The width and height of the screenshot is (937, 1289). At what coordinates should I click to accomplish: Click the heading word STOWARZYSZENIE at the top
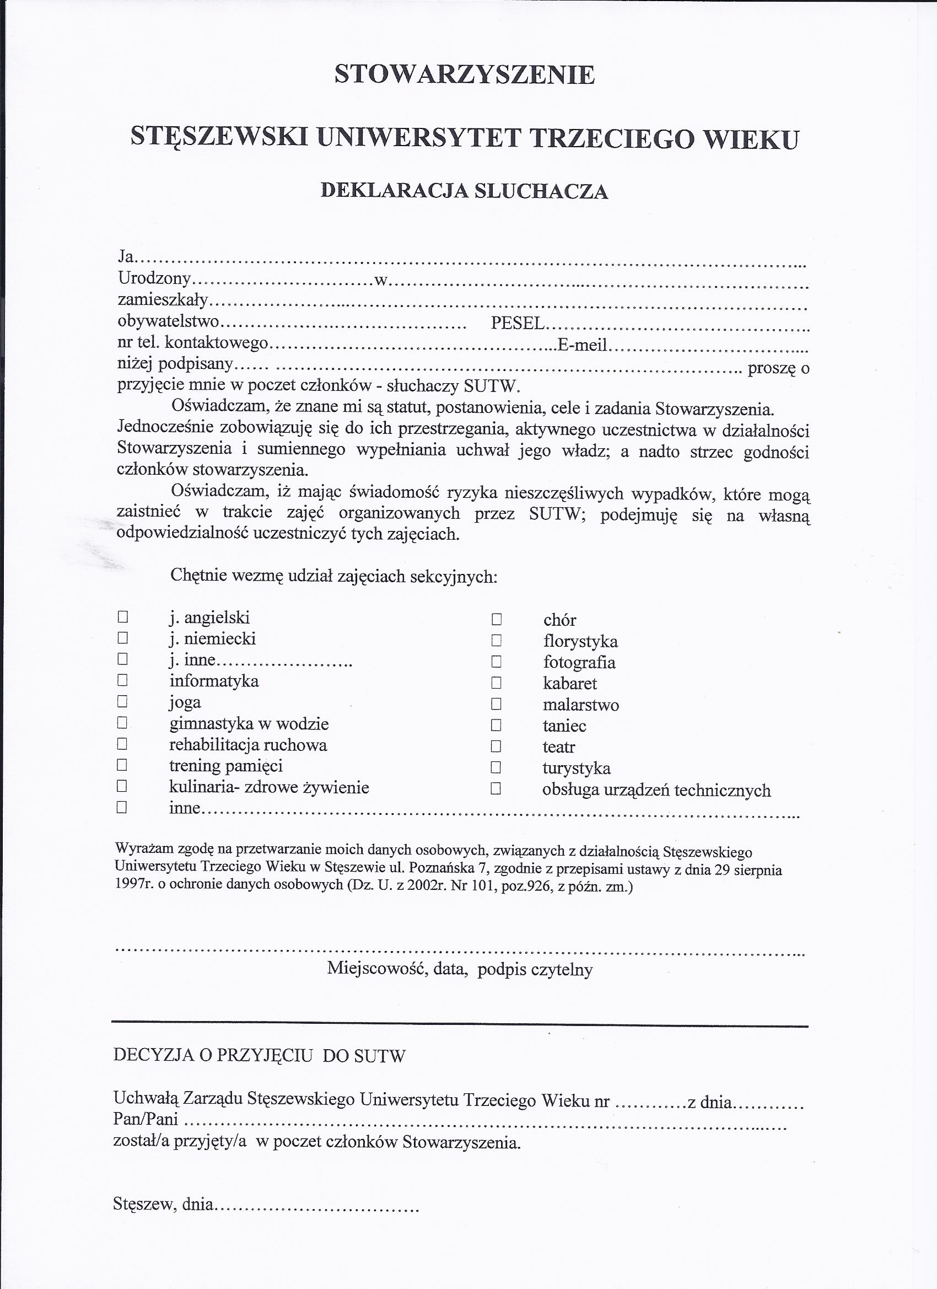464,75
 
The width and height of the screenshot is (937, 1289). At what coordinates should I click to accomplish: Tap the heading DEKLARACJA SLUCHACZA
464,191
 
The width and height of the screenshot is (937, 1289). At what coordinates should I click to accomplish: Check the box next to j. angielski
122,616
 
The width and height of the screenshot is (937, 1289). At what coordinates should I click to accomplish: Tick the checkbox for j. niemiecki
122,638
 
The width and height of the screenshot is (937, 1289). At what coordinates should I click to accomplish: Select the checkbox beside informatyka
122,680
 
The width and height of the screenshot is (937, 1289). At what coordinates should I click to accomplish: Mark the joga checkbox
122,701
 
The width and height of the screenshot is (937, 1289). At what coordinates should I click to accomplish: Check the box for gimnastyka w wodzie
122,722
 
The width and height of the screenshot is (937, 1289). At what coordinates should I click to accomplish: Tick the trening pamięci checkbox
122,765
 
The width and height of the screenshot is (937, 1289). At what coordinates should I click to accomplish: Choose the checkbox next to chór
497,619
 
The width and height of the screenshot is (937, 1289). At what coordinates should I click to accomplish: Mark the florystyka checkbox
497,641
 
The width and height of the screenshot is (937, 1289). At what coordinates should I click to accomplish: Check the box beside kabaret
497,683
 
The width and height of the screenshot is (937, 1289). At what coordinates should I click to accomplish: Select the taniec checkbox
497,725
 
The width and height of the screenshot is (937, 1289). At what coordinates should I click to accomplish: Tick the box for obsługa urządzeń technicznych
496,789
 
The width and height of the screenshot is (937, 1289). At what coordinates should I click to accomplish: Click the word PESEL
518,323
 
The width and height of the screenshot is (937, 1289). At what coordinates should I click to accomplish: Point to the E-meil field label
583,345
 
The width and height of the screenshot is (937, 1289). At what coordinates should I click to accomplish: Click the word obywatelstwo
168,321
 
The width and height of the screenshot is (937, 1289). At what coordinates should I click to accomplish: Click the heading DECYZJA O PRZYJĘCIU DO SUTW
260,1055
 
